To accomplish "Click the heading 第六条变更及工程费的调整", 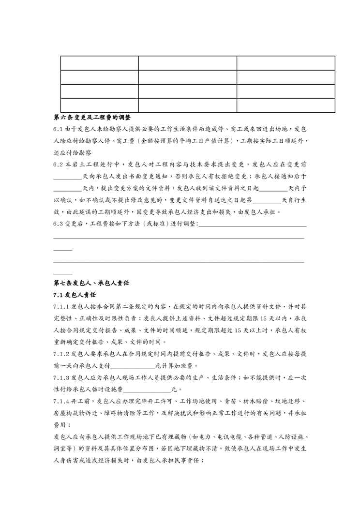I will tap(91, 118).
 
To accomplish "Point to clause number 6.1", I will tap(58, 129).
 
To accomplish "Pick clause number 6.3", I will tap(58, 223).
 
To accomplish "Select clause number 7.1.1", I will tap(61, 306).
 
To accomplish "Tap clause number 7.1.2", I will tap(61, 354).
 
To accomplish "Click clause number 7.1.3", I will tap(61, 377).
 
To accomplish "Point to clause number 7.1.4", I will tap(61, 401).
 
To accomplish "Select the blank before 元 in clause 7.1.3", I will tap(148, 389).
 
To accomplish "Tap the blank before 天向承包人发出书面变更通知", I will tap(68, 177).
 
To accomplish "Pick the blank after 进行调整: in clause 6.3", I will tap(252, 224).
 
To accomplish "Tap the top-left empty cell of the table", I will tap(99, 63).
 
